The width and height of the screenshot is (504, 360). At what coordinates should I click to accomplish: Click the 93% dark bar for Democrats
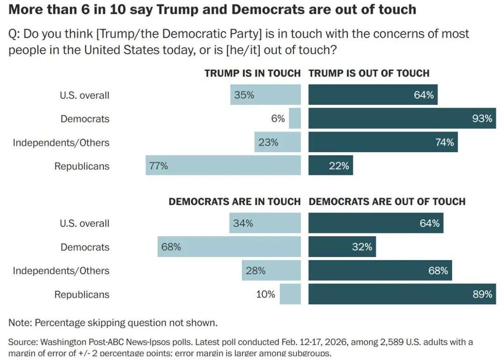pos(402,119)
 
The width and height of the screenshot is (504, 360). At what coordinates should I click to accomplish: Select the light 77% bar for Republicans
pos(223,165)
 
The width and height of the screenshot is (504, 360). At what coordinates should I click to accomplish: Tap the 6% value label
pos(278,119)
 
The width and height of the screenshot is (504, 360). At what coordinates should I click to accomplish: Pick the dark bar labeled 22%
pos(330,165)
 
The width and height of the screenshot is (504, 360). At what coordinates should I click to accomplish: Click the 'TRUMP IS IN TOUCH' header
pos(252,73)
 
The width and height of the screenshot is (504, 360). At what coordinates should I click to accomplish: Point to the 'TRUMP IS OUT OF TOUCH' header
pos(369,73)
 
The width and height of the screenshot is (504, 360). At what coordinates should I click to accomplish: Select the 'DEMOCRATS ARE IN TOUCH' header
pos(234,202)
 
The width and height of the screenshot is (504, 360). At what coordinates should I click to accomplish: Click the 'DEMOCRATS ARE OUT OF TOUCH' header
pos(387,202)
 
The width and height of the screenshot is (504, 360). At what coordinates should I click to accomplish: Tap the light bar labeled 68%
pos(229,247)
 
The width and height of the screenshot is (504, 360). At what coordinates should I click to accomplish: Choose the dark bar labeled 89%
pos(402,294)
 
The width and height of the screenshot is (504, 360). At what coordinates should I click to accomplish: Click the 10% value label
pos(266,294)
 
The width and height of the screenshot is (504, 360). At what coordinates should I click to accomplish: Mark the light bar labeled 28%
pos(271,271)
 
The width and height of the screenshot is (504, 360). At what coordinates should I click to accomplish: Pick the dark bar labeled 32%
pos(342,247)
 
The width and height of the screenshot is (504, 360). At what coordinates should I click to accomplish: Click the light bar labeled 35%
pos(265,95)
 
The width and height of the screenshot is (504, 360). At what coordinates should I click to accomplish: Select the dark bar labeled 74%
pos(383,142)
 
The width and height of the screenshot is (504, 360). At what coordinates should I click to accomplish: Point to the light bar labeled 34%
pos(265,223)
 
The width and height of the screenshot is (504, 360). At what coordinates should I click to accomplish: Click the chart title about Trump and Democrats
pos(212,9)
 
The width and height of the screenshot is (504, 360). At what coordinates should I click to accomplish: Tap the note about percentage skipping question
pos(113,323)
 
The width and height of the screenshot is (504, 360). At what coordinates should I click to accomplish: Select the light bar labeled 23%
pos(277,142)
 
